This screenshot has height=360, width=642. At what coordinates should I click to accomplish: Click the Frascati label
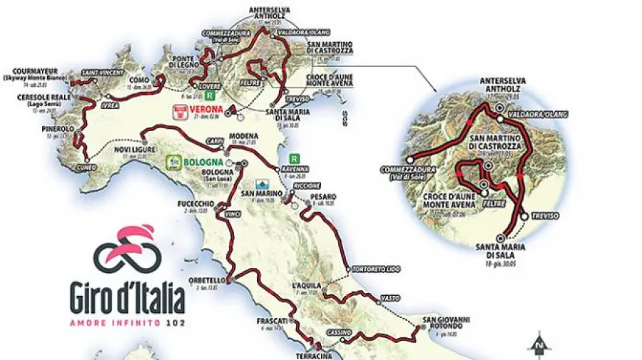[x=271, y=322]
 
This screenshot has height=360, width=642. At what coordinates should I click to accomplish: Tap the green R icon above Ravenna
[x=292, y=160]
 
